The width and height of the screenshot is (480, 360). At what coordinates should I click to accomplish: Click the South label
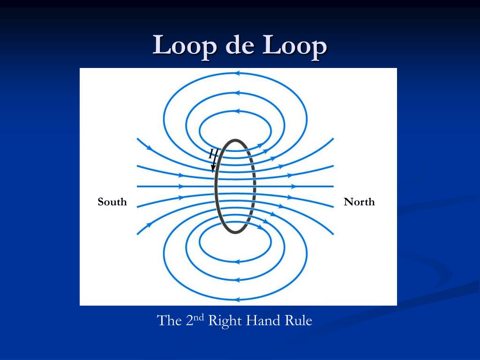(x=112, y=202)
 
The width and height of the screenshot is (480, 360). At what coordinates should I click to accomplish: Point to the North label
(x=359, y=202)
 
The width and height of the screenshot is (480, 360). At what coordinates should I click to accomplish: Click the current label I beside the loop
(x=211, y=152)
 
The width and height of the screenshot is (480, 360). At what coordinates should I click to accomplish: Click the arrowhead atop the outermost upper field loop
(x=237, y=73)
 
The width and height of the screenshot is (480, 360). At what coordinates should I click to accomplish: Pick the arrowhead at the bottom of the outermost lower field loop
(x=237, y=300)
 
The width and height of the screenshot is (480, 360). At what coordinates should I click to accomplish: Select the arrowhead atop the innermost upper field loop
(x=237, y=112)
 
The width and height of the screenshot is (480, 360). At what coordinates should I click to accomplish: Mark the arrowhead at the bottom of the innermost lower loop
(x=237, y=261)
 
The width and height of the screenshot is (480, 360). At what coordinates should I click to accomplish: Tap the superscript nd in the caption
(x=199, y=316)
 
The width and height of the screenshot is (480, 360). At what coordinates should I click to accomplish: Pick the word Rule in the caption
(x=299, y=321)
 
